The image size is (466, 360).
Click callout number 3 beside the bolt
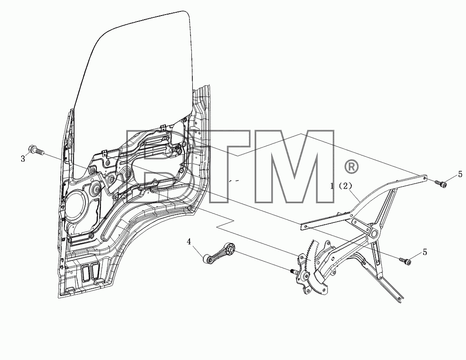point(23,159)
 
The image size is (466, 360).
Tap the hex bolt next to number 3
point(36,150)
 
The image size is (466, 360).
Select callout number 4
point(189,242)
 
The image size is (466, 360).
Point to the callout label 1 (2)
point(341,186)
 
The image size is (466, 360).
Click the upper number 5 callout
point(460,174)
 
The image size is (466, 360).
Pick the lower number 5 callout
point(425,252)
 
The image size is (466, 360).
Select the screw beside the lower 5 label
point(406,261)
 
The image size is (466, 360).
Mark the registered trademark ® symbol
point(351,167)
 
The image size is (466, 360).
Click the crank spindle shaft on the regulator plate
point(294,271)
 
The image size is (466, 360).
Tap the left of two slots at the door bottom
point(85,272)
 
